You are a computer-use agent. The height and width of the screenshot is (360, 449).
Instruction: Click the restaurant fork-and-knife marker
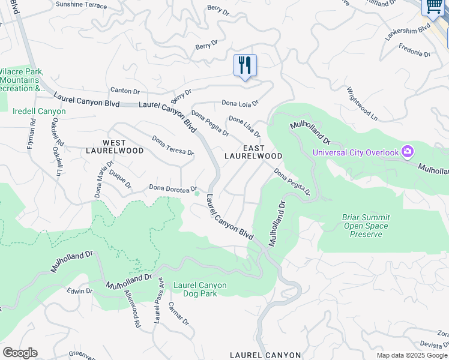(x=245, y=65)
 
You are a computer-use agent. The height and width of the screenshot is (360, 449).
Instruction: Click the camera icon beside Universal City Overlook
(x=408, y=152)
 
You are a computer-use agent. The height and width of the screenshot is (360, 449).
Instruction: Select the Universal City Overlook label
(x=355, y=152)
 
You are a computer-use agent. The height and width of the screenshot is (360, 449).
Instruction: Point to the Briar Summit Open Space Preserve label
(x=366, y=226)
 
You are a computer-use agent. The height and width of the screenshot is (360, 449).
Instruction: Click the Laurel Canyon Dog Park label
(x=200, y=286)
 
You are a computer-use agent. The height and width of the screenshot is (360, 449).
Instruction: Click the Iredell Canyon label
(x=39, y=111)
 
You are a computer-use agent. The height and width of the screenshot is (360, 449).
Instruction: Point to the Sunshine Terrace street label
(x=81, y=5)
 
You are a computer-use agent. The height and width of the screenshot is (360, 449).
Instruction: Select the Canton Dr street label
(x=125, y=91)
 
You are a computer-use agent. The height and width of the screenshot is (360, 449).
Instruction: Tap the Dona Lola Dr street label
(x=240, y=103)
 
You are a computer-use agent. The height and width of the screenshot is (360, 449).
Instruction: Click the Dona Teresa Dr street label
(x=173, y=145)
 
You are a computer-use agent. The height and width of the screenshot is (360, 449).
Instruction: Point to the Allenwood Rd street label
(x=131, y=308)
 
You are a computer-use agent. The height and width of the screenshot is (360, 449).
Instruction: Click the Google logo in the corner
(x=20, y=353)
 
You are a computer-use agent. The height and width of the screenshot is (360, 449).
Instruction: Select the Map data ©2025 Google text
(x=412, y=355)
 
